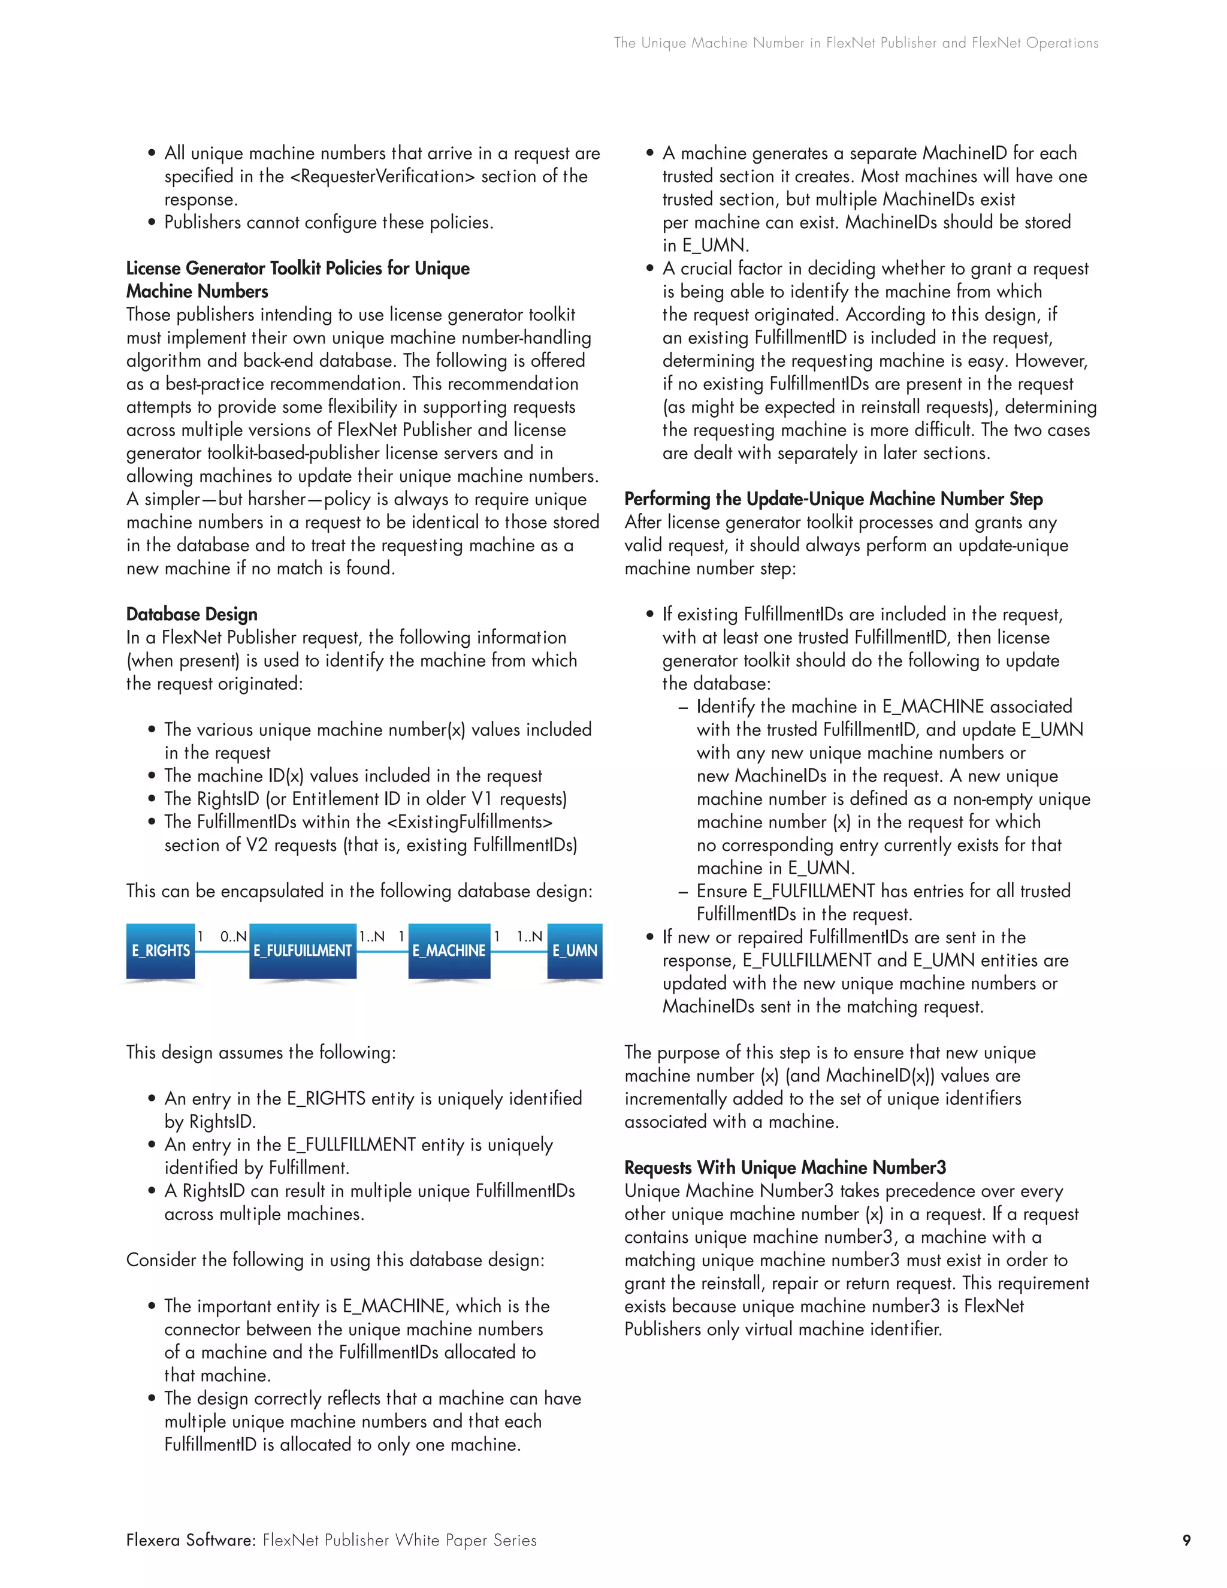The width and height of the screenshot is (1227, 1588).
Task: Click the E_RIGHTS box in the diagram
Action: pyautogui.click(x=161, y=950)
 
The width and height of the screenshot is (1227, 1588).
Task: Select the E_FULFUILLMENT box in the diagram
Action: pyautogui.click(x=303, y=950)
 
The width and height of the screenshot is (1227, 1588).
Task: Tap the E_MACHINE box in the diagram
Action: pyautogui.click(x=449, y=950)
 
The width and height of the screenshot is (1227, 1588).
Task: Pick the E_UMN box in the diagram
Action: pyautogui.click(x=574, y=950)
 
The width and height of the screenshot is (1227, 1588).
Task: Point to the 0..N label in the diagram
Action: pyautogui.click(x=233, y=937)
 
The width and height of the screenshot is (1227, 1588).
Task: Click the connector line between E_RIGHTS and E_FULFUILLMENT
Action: pyautogui.click(x=222, y=951)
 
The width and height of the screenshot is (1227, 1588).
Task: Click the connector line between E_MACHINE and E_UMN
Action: pyautogui.click(x=518, y=951)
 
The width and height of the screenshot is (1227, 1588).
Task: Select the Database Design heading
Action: pyautogui.click(x=192, y=614)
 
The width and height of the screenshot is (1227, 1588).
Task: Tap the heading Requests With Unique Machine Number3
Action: pyautogui.click(x=785, y=1168)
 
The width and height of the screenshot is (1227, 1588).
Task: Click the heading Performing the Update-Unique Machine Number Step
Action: pyautogui.click(x=833, y=499)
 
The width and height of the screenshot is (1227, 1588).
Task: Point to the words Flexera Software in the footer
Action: pyautogui.click(x=191, y=1540)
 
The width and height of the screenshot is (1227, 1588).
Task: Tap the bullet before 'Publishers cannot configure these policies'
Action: pyautogui.click(x=152, y=222)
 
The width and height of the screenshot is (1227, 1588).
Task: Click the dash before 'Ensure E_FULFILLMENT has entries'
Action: pyautogui.click(x=682, y=892)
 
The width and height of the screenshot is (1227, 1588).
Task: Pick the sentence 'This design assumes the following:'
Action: pyautogui.click(x=261, y=1053)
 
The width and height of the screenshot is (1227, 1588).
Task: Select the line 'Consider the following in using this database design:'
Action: pyautogui.click(x=335, y=1260)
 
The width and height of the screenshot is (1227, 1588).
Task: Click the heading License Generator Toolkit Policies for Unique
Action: pyautogui.click(x=298, y=268)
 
